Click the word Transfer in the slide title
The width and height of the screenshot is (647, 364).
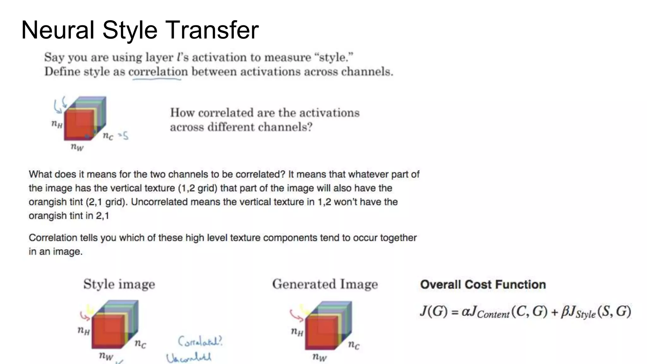pos(212,30)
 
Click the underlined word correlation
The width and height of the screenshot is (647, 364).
pos(158,72)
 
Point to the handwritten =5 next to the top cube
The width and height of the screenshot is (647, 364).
pos(124,136)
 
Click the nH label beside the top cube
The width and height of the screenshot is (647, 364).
pos(57,124)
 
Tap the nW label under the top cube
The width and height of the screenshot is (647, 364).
pos(77,147)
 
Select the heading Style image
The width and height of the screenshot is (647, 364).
pos(119,284)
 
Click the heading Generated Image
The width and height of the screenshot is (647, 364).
pos(325,284)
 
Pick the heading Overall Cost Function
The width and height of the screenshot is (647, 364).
pos(483,284)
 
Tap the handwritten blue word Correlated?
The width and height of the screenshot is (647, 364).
pos(200,341)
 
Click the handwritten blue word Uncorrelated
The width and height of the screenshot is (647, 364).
pos(189,358)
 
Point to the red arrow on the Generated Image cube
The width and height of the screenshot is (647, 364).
pos(296,314)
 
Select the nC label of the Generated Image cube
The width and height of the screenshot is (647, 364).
pos(354,345)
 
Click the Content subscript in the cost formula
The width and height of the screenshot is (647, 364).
pos(493,314)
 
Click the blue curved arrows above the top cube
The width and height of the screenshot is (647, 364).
pos(60,104)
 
